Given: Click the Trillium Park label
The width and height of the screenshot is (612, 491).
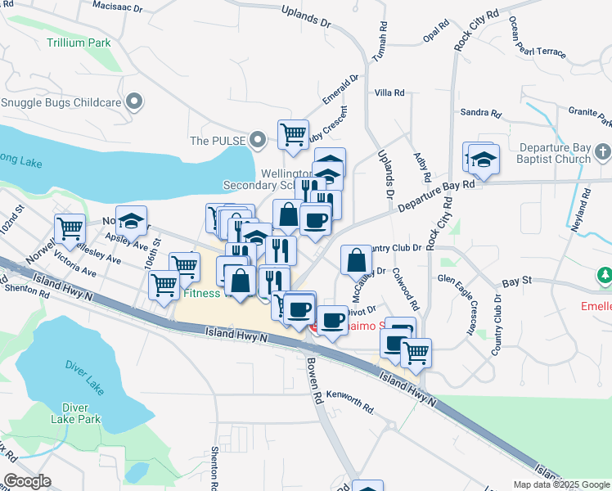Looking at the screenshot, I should [x=79, y=42].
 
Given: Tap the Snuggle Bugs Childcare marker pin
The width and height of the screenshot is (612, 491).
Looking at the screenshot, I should [x=137, y=102].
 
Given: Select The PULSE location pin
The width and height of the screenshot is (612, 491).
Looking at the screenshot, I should [x=259, y=141].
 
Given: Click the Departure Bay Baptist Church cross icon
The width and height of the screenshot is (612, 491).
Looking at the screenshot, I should [x=604, y=152].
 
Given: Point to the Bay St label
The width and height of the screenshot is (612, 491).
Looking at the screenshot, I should [x=517, y=281].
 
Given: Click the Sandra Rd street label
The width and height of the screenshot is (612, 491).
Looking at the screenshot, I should [x=480, y=113].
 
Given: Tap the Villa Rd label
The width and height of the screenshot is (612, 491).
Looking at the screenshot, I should [x=389, y=93].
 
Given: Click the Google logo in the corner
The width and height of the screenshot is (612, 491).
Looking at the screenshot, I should [x=28, y=481].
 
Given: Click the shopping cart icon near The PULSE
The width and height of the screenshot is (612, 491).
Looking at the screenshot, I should [x=293, y=133].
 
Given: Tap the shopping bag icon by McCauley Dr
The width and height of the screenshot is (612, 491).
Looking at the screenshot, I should [x=356, y=260].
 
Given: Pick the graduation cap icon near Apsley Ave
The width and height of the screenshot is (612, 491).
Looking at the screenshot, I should [x=131, y=220].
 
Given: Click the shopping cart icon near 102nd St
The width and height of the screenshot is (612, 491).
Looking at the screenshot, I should [x=70, y=228].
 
